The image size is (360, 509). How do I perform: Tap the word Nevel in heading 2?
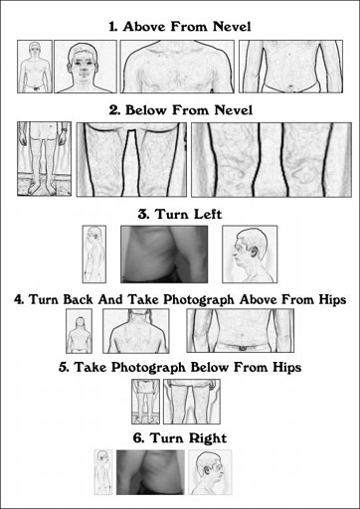coord(234,110)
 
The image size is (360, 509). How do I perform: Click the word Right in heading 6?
coord(208,438)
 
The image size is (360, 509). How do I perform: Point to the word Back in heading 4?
coord(78,299)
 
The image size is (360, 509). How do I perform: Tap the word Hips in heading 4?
coord(333,299)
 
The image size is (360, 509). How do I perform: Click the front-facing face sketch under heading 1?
coord(86,67)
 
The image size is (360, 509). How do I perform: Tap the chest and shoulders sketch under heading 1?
coord(177,67)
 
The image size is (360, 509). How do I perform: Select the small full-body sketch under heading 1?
coord(35,67)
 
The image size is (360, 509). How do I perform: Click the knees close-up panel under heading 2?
coord(271,160)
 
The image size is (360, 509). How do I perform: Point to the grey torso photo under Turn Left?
coord(164,254)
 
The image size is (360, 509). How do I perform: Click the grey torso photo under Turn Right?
coord(150,472)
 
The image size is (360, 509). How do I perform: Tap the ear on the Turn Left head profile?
coord(255,253)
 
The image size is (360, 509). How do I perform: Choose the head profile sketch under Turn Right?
coord(210,472)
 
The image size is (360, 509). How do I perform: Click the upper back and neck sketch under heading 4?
coord(136,331)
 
